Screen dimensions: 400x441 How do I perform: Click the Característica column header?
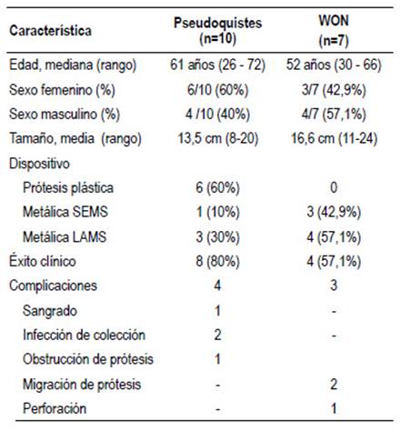click(x=50, y=31)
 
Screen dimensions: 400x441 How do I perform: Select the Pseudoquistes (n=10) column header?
click(x=217, y=31)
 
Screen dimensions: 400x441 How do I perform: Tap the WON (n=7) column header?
click(x=334, y=31)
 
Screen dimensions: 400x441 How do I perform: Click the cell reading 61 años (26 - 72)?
click(x=217, y=65)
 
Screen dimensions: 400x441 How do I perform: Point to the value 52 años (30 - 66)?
click(x=334, y=65)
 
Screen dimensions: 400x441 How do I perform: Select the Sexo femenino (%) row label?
click(x=62, y=90)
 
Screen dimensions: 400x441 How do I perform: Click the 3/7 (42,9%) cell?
click(x=334, y=90)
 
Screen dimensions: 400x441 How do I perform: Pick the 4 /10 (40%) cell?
click(x=217, y=115)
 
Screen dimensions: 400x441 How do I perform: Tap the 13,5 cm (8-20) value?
click(x=217, y=139)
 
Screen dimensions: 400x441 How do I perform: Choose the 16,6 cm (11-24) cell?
click(x=334, y=139)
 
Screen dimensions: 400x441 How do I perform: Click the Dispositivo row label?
click(x=39, y=164)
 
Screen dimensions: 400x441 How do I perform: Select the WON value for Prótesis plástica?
click(x=334, y=187)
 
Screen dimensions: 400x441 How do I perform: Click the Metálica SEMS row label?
click(x=65, y=212)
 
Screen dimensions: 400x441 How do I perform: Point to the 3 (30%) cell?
click(x=217, y=237)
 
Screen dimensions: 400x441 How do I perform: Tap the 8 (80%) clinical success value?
click(x=217, y=262)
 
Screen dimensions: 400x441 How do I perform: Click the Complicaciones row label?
click(x=53, y=286)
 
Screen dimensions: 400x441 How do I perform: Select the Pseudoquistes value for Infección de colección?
click(x=217, y=335)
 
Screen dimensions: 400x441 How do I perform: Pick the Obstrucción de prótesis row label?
click(x=88, y=359)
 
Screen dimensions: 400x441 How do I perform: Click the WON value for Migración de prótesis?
click(x=334, y=385)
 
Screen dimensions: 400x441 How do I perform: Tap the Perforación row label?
click(x=55, y=408)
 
